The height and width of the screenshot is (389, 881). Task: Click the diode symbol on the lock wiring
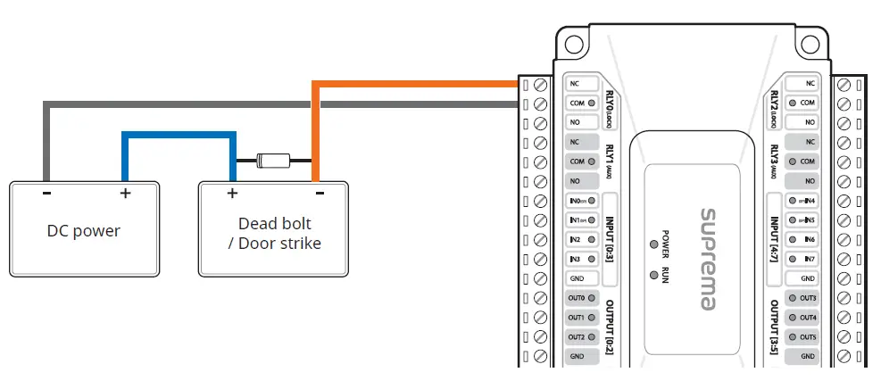coord(272,161)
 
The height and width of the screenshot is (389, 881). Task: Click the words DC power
coord(83,231)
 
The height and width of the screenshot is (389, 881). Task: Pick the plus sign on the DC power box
coord(125,193)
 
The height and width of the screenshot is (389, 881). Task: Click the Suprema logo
coord(708,260)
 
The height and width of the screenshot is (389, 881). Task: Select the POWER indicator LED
coord(654,243)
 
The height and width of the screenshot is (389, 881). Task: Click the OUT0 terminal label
coord(577,298)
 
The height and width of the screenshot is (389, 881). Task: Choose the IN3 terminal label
coord(577,260)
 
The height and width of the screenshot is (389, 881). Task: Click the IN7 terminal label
coord(809,260)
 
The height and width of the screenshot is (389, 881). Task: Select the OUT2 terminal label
coord(577,337)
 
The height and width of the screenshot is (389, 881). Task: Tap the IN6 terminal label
coord(809,240)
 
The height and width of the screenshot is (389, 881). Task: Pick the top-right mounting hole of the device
coord(810,43)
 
